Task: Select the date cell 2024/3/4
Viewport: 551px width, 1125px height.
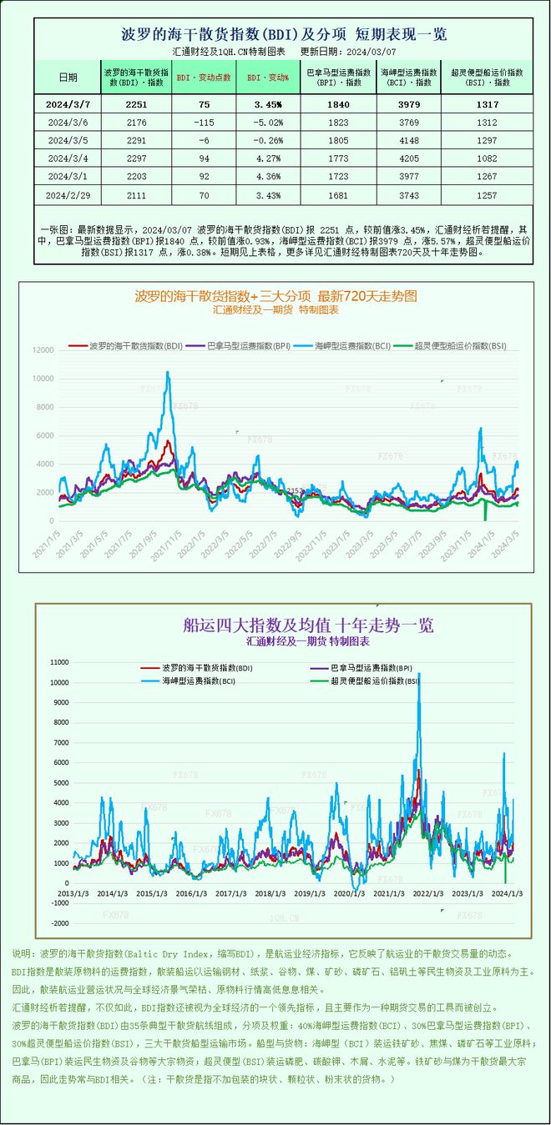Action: tap(68, 158)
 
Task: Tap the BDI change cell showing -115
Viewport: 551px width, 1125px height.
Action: tap(198, 122)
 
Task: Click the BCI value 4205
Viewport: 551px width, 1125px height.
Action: tap(409, 158)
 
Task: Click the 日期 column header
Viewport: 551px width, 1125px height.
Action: tap(68, 77)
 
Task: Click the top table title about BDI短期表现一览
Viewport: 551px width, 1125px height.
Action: tap(284, 34)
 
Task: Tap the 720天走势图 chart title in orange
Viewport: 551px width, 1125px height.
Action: tap(275, 296)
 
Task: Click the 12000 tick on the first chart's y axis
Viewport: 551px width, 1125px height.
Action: tap(43, 350)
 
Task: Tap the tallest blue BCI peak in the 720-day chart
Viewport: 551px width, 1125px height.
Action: tap(168, 374)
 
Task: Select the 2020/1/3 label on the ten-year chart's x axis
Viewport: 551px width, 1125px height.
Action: tap(350, 893)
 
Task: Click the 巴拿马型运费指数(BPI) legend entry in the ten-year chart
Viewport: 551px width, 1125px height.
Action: tap(372, 668)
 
